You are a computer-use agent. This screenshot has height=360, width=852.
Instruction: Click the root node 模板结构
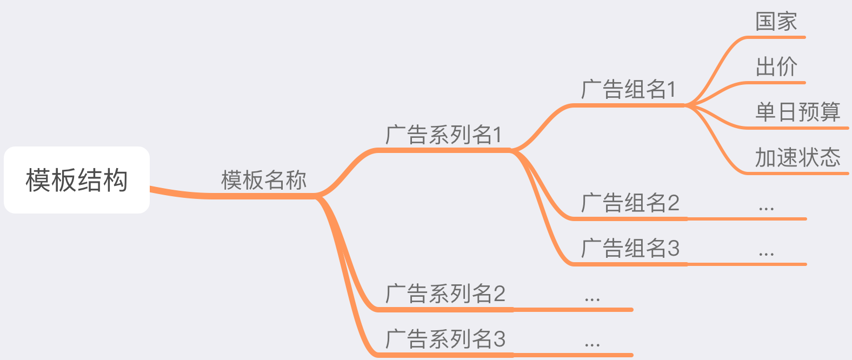(77, 180)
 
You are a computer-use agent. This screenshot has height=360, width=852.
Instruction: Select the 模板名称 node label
(264, 180)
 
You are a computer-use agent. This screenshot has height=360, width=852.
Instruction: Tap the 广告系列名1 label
(444, 135)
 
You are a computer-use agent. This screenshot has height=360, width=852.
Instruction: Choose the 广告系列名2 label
(445, 294)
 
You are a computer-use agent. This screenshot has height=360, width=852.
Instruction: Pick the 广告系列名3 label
(445, 339)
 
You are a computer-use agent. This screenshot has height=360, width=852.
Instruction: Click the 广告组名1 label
(629, 89)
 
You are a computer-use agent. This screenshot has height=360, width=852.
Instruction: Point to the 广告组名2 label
(630, 203)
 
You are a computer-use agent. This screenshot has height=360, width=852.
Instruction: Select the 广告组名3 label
(630, 248)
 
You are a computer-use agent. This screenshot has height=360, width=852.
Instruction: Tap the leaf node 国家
(776, 22)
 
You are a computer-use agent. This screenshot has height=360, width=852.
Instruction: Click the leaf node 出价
(776, 67)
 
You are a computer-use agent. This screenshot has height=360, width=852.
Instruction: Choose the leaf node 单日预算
(798, 112)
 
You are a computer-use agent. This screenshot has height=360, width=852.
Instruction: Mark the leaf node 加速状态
(798, 157)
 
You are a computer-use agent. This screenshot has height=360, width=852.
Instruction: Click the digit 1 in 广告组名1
(671, 90)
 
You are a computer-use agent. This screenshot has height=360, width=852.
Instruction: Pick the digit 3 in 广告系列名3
(499, 339)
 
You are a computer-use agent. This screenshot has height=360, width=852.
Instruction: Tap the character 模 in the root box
(38, 180)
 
